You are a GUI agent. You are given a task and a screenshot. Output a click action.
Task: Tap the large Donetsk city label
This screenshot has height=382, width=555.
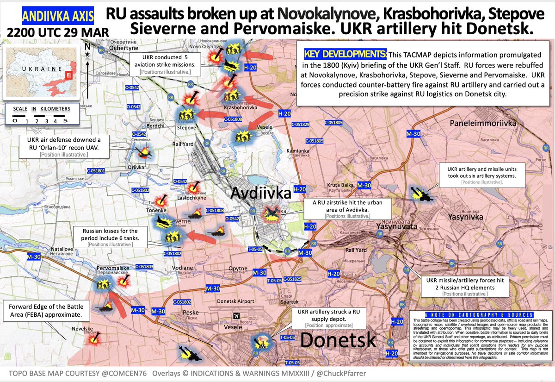[x=339, y=340]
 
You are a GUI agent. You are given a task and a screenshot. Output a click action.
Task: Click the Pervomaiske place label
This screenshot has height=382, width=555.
[x=112, y=268]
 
